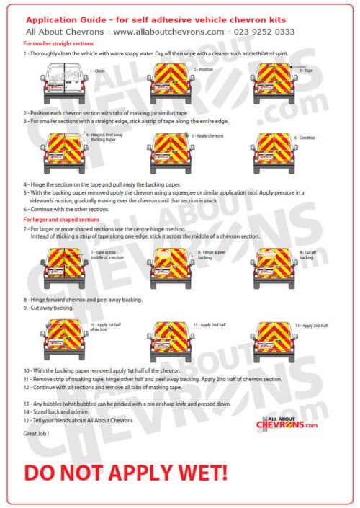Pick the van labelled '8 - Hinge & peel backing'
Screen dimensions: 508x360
(x=169, y=264)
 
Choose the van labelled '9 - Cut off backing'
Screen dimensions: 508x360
(x=275, y=264)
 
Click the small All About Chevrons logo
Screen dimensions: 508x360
(x=287, y=423)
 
